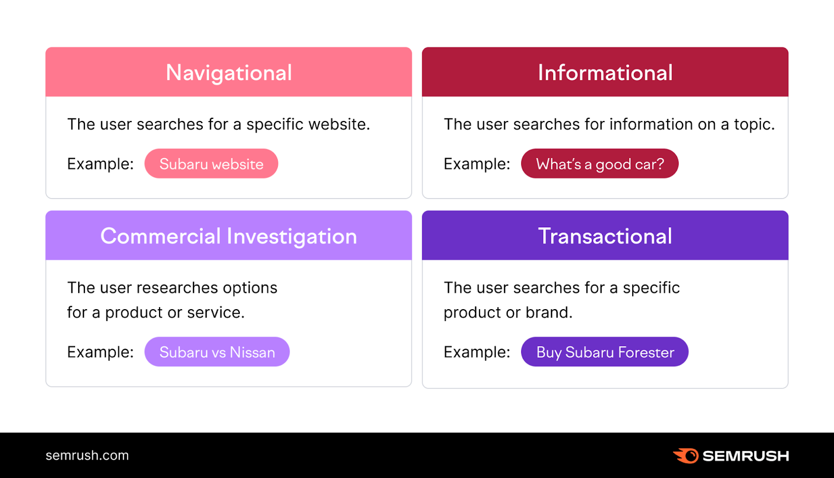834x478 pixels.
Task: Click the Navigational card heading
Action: [229, 73]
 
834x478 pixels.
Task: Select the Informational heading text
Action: [605, 73]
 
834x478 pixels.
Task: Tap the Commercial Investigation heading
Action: [229, 237]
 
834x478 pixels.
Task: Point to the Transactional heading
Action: [605, 237]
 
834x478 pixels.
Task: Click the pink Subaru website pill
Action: [211, 164]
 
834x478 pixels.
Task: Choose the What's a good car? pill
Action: [599, 164]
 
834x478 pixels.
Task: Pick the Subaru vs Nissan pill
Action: [217, 352]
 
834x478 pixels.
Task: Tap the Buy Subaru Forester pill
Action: [605, 352]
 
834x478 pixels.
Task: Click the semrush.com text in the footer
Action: [87, 456]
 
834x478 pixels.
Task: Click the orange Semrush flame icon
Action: [686, 456]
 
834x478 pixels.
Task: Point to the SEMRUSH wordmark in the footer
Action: [745, 456]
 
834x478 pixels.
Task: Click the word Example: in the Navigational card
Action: [100, 164]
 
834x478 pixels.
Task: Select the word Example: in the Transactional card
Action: [476, 352]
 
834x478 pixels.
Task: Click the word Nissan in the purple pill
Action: [252, 352]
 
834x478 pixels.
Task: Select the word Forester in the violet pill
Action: [646, 352]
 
